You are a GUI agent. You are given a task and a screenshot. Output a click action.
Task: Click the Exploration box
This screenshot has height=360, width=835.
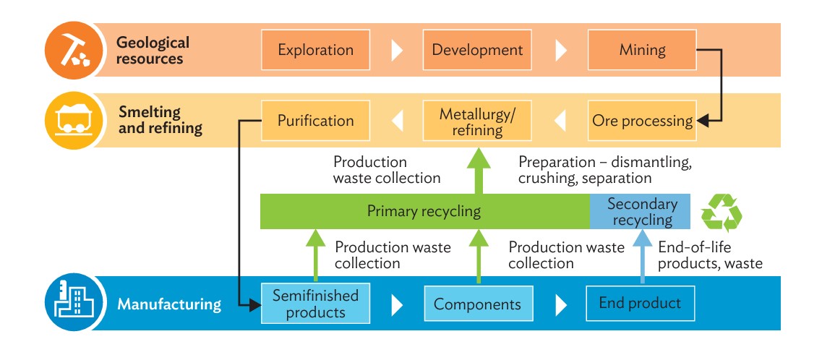pyautogui.click(x=315, y=50)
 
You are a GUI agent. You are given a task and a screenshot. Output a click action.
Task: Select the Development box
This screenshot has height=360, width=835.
pyautogui.click(x=477, y=50)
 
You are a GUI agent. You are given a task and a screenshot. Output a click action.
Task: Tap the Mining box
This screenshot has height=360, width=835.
pyautogui.click(x=642, y=50)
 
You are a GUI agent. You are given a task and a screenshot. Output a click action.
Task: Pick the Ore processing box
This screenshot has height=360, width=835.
pyautogui.click(x=642, y=120)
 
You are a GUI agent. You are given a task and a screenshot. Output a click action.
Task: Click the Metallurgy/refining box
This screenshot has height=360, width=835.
pyautogui.click(x=477, y=120)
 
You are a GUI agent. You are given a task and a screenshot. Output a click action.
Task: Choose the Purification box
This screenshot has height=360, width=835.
pyautogui.click(x=315, y=120)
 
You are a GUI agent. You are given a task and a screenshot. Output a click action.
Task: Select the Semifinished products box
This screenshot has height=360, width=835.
pyautogui.click(x=315, y=304)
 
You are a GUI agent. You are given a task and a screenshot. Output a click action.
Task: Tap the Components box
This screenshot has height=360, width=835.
pyautogui.click(x=478, y=304)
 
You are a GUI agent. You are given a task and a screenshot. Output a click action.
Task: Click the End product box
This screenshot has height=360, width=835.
pyautogui.click(x=640, y=304)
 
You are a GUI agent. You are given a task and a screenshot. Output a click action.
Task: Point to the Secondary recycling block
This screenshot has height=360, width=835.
pyautogui.click(x=640, y=211)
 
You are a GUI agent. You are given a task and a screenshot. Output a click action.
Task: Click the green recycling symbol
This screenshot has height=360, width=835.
pyautogui.click(x=721, y=213)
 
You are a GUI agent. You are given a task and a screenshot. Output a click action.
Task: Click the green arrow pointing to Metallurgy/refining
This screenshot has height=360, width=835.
pyautogui.click(x=478, y=171)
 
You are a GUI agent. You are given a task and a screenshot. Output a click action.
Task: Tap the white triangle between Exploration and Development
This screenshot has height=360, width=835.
pyautogui.click(x=398, y=50)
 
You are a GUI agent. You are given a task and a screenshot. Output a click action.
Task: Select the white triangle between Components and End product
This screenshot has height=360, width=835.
pyautogui.click(x=561, y=304)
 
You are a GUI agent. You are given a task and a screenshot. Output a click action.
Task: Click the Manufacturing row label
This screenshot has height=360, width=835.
pyautogui.click(x=169, y=304)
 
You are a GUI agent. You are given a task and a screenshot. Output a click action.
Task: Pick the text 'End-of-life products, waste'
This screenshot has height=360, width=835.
pyautogui.click(x=711, y=255)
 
